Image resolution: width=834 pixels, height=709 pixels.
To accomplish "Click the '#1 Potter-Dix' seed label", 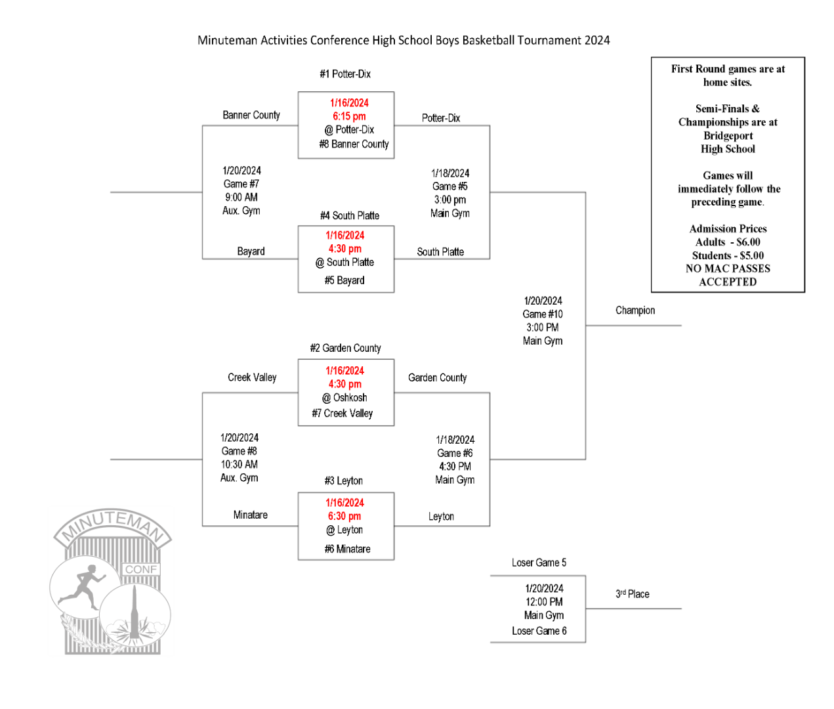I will pos(345,74).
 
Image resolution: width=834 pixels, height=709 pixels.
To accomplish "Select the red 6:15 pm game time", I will pos(349,116).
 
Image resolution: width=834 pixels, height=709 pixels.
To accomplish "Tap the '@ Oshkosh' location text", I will pos(344,398).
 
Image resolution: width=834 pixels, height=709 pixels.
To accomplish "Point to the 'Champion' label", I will pos(635,311).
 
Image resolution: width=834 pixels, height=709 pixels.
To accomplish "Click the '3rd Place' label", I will pos(632,594).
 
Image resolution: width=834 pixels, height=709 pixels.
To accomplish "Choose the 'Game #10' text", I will pos(543,314).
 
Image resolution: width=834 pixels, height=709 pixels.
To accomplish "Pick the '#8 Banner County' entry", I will pos(354,144).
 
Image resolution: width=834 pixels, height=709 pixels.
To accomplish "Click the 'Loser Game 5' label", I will pos(539,563).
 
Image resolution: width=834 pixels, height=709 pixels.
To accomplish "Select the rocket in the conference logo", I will pos(135,614).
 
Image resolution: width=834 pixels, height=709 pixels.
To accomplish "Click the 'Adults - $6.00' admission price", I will pos(728,242).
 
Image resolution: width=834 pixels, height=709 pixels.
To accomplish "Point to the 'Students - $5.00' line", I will pos(728,255).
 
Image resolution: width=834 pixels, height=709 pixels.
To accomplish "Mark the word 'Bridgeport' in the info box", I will pos(728,136).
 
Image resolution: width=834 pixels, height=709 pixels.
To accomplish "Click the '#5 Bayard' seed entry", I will pos(344,280).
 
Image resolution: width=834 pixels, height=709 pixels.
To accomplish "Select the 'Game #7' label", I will pos(241,184).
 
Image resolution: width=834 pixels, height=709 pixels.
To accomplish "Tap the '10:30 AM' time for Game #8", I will pos(239,465).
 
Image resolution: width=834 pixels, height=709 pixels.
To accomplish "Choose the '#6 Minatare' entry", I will pos(347,549).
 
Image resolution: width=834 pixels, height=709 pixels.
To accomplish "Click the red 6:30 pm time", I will pos(344,517).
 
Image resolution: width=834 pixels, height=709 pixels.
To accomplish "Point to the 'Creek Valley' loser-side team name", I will pos(252,377).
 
